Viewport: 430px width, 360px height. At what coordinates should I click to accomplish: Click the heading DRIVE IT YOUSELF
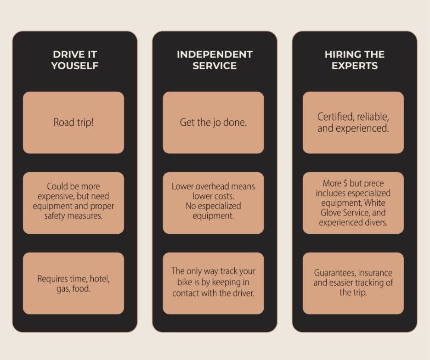point(74,60)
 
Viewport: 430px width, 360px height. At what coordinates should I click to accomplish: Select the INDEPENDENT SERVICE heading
point(215,60)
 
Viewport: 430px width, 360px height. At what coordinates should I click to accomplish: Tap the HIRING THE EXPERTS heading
point(354,60)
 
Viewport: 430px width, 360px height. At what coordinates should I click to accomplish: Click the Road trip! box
point(74,123)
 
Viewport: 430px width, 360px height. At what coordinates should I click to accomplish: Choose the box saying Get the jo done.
point(213,123)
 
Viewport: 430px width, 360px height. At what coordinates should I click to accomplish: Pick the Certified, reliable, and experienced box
point(353,123)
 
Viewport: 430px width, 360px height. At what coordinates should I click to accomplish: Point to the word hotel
point(97,279)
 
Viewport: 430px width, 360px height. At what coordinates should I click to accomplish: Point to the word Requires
point(53,279)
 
